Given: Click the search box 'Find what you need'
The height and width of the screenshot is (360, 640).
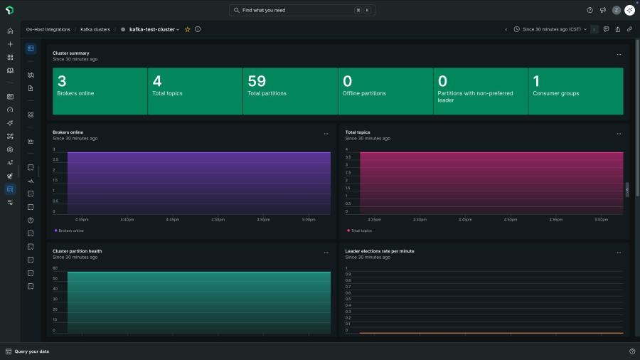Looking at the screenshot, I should [302, 11].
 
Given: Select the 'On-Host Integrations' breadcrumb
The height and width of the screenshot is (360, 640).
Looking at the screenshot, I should [48, 30].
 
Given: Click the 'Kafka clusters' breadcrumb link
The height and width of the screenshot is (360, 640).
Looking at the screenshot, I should [95, 30].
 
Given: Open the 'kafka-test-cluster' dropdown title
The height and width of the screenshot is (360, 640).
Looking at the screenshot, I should [154, 30].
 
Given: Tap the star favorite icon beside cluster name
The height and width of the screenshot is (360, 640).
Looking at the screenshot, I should [188, 30].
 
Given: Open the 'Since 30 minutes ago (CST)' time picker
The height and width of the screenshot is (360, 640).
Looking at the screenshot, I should [551, 30].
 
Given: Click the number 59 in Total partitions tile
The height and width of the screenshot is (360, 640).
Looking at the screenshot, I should [257, 82].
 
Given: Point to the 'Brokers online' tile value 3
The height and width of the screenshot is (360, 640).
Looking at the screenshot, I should [62, 82].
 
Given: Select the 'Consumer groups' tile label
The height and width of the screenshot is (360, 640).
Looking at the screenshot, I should [555, 93].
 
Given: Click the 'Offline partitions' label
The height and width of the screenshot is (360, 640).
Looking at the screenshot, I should [364, 93].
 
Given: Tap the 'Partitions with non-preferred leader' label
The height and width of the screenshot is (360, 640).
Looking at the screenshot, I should [475, 97].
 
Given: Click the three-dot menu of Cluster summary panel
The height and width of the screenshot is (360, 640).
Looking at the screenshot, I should [619, 54].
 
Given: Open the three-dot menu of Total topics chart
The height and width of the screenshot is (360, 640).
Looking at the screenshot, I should [619, 133].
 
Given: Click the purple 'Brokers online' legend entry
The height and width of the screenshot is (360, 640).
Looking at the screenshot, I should [70, 231].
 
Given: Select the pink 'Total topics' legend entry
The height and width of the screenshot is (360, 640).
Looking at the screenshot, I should [360, 231].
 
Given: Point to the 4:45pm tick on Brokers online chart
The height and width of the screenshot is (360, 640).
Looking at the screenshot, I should [172, 220].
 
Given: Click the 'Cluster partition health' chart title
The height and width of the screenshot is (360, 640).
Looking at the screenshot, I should [77, 251].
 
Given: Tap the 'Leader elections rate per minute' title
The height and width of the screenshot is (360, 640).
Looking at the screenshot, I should [380, 251].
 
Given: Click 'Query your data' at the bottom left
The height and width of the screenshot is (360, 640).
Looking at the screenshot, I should [31, 351].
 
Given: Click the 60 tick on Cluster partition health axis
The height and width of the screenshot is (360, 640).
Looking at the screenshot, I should [55, 268].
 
